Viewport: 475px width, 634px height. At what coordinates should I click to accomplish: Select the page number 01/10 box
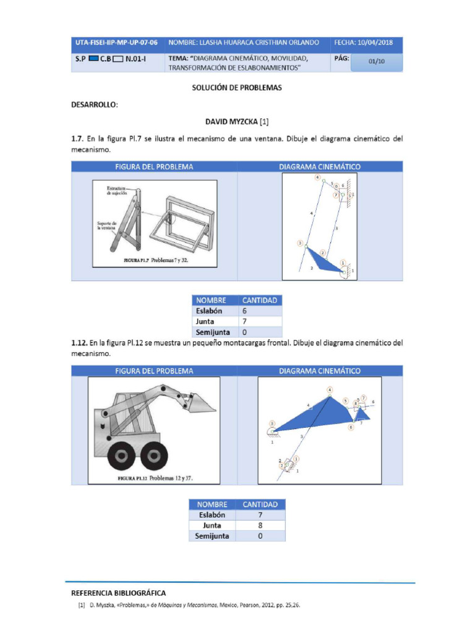point(376,61)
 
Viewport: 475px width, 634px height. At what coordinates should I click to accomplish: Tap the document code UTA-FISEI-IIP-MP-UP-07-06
point(116,43)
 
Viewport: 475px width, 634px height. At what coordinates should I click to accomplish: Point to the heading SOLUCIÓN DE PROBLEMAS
point(237,88)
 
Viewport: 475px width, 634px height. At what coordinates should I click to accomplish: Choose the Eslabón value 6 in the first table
point(245,311)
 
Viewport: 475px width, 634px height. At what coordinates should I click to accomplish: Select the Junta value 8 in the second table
point(260,526)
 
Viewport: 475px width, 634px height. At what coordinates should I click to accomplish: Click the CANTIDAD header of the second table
point(260,505)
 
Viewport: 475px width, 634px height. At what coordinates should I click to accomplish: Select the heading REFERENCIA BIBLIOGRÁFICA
point(118,593)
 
